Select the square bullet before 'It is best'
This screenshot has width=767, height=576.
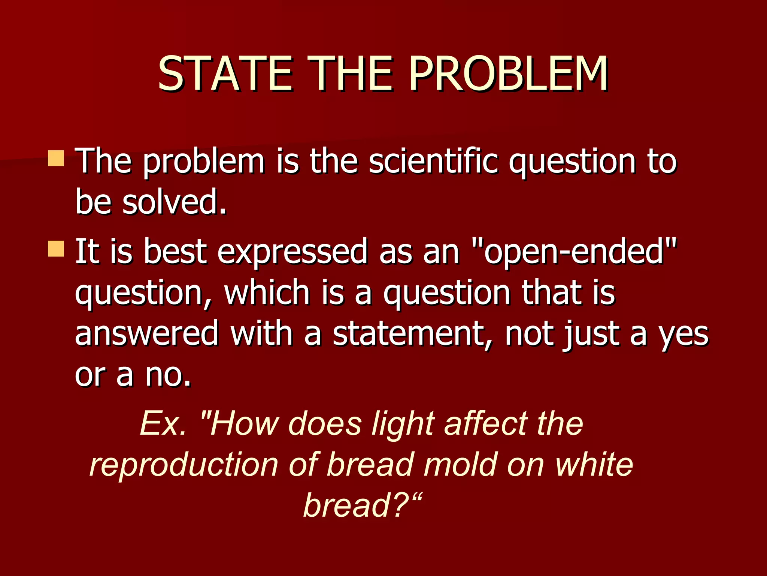click(56, 249)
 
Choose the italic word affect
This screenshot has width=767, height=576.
click(486, 423)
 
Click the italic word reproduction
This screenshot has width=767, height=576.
click(184, 465)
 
